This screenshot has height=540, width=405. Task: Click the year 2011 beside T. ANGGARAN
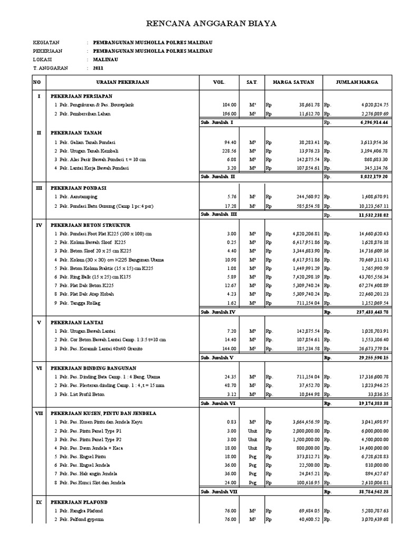pos(99,68)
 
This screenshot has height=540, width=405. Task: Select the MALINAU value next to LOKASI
pos(105,60)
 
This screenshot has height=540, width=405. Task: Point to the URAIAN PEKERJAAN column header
pos(122,83)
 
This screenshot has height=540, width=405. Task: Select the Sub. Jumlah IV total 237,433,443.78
pos(369,312)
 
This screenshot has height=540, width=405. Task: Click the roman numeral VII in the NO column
pos(38,413)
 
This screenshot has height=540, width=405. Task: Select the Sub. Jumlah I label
pos(217,122)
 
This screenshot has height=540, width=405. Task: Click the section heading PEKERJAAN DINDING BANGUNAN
pos(93,368)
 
